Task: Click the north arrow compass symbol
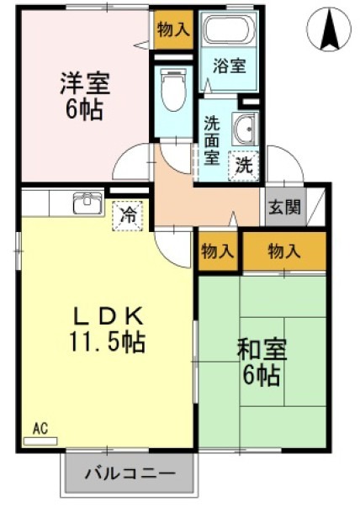tap(328, 31)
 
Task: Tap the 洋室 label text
tap(83, 84)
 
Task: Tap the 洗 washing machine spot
tap(243, 164)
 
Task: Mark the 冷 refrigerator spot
tap(129, 214)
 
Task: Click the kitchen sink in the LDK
tap(87, 203)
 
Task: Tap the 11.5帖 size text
tap(107, 342)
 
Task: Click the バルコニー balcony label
tap(130, 474)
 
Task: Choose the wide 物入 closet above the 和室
tap(283, 251)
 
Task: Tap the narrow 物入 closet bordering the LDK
tap(219, 251)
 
